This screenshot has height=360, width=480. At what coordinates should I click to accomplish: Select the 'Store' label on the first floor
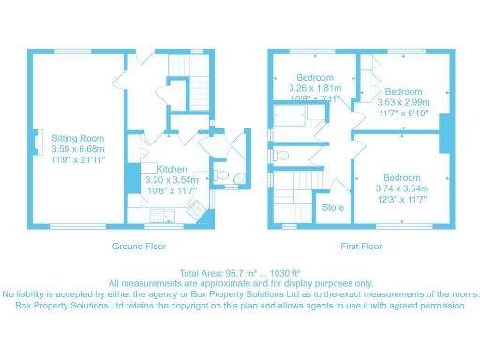click(x=333, y=207)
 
